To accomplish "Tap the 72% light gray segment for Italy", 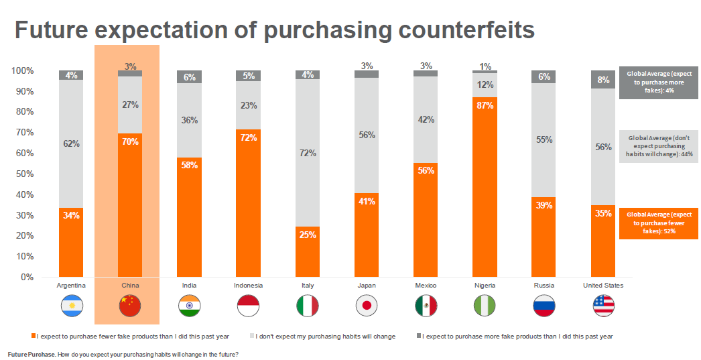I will point(308,153).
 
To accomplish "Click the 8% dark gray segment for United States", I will point(603,80).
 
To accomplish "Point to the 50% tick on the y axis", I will point(24,174).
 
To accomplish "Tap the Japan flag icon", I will point(367,306).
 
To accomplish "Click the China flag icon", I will point(130,306).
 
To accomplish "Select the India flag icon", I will point(189,306).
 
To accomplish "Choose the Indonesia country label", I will point(248,286).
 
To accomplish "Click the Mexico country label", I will point(426,286).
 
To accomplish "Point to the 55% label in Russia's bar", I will point(544,140).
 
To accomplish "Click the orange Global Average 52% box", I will point(659,223).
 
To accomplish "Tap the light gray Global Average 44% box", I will point(659,146).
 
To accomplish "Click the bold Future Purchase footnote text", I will point(31,354).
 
